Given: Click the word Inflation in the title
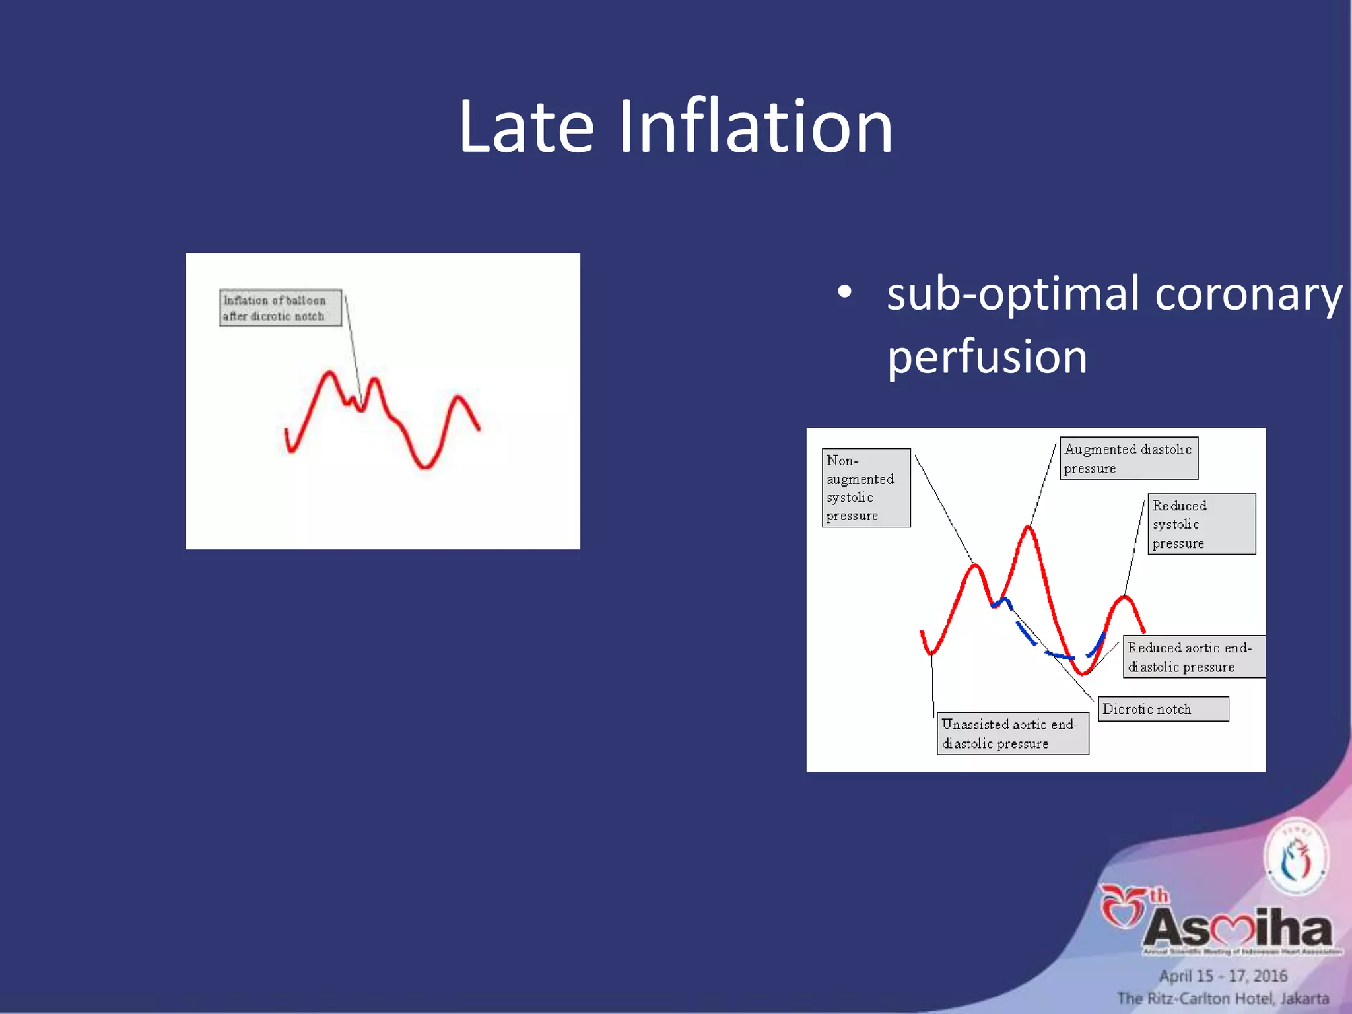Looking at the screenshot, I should pyautogui.click(x=755, y=126).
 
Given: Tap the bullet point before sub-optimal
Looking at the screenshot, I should pyautogui.click(x=844, y=292).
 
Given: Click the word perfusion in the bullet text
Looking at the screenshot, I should pyautogui.click(x=986, y=356).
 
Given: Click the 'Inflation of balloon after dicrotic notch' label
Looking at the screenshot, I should pyautogui.click(x=280, y=308).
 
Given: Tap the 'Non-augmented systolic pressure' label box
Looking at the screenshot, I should pyautogui.click(x=865, y=488).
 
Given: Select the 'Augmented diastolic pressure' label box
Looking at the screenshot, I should pyautogui.click(x=1128, y=458).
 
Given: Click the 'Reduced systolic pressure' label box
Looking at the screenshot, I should pyautogui.click(x=1201, y=524).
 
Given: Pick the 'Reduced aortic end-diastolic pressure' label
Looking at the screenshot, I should pyautogui.click(x=1194, y=657).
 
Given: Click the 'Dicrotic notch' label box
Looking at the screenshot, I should pyautogui.click(x=1163, y=709).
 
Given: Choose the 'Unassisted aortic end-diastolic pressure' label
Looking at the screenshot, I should pyautogui.click(x=1012, y=733).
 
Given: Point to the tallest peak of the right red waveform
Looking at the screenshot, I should pyautogui.click(x=1029, y=527).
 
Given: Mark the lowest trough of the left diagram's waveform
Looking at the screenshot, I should pyautogui.click(x=425, y=467).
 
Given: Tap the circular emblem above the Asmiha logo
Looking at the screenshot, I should pyautogui.click(x=1296, y=857).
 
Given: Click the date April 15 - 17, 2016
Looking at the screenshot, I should pyautogui.click(x=1223, y=976).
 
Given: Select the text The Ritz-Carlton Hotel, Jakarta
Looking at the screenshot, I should pyautogui.click(x=1223, y=999).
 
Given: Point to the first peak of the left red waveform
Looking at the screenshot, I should pyautogui.click(x=328, y=374).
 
